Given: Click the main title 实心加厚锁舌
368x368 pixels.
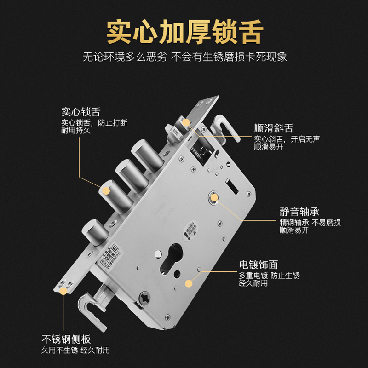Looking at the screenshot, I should click(x=184, y=31).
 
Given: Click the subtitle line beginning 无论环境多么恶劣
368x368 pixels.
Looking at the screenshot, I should click(x=184, y=57).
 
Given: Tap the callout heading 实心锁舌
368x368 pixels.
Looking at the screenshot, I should click(x=81, y=112).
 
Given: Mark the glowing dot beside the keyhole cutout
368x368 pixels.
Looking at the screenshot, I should click(x=188, y=284).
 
